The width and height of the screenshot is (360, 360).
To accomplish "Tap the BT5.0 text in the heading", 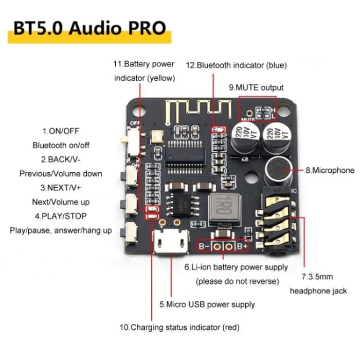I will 36,28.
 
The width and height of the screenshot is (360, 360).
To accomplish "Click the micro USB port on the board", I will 170,242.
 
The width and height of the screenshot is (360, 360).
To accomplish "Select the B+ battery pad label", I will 242,246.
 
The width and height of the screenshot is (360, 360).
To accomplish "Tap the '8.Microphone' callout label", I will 327,170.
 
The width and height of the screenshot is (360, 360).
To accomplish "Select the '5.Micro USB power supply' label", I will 207,304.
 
